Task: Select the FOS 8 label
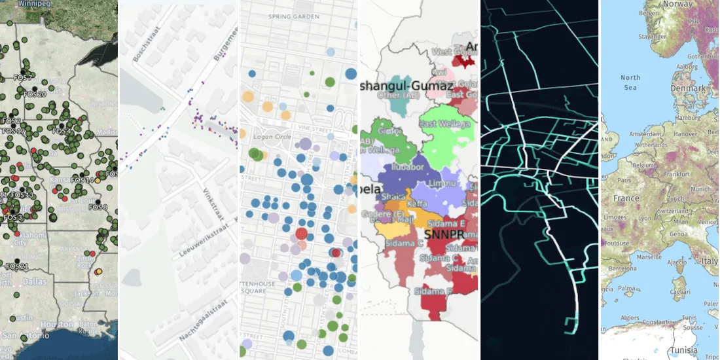[98, 207]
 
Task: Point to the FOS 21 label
[17, 267]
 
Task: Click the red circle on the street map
[301, 234]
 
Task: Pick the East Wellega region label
[438, 124]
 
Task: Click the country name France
[626, 198]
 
